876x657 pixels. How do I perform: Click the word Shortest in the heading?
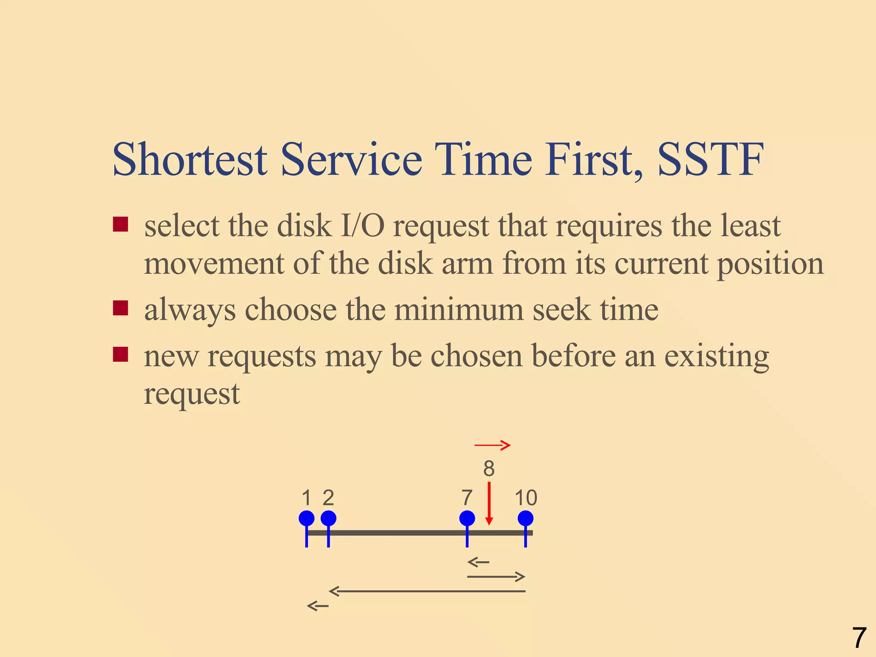(190, 160)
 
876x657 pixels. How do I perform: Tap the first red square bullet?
(121, 224)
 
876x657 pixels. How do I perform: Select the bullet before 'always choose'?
(121, 308)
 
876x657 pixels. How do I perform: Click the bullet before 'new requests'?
(121, 354)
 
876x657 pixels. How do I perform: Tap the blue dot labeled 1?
(306, 518)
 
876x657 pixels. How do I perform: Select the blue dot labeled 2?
(328, 518)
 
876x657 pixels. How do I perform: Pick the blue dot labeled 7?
(467, 518)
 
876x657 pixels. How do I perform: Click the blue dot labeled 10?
(525, 518)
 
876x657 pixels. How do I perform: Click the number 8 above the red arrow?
(489, 469)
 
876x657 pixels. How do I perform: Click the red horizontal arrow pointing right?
(492, 445)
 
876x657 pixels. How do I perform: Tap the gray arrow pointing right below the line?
(496, 577)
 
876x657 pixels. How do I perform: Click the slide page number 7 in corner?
(859, 638)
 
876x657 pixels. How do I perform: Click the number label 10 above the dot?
(526, 498)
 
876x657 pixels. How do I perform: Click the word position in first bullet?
(770, 264)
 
